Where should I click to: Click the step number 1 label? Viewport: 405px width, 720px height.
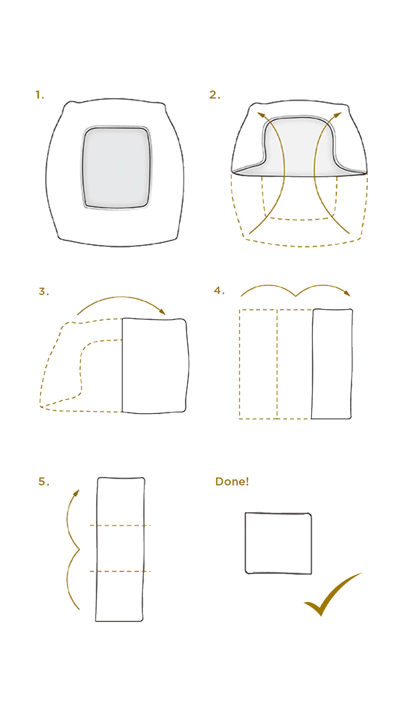39,95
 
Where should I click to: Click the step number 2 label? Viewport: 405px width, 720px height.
214,95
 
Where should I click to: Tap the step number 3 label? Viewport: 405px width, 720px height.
44,291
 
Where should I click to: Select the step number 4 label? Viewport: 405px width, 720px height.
219,290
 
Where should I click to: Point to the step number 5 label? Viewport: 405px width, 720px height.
43,481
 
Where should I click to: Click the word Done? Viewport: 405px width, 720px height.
232,481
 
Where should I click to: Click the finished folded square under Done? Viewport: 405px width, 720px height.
278,543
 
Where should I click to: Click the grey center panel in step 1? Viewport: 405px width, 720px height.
116,168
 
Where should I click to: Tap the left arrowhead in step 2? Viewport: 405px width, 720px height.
261,115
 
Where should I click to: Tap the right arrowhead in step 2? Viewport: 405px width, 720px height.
337,115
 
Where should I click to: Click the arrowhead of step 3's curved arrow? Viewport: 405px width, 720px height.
162,312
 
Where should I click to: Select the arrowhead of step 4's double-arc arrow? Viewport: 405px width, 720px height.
347,293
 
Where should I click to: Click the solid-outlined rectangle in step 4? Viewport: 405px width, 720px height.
332,364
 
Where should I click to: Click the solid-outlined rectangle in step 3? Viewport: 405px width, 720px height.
155,366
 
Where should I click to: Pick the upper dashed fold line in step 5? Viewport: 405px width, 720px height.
120,525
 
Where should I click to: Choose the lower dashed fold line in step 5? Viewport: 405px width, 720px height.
120,571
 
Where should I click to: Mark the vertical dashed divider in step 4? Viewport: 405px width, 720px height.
277,364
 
